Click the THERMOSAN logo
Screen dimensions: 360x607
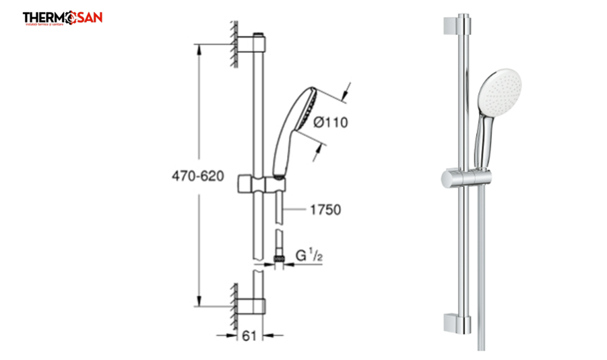[x=62, y=18]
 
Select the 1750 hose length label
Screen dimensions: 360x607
[x=325, y=210]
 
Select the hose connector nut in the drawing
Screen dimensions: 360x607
[x=277, y=258]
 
